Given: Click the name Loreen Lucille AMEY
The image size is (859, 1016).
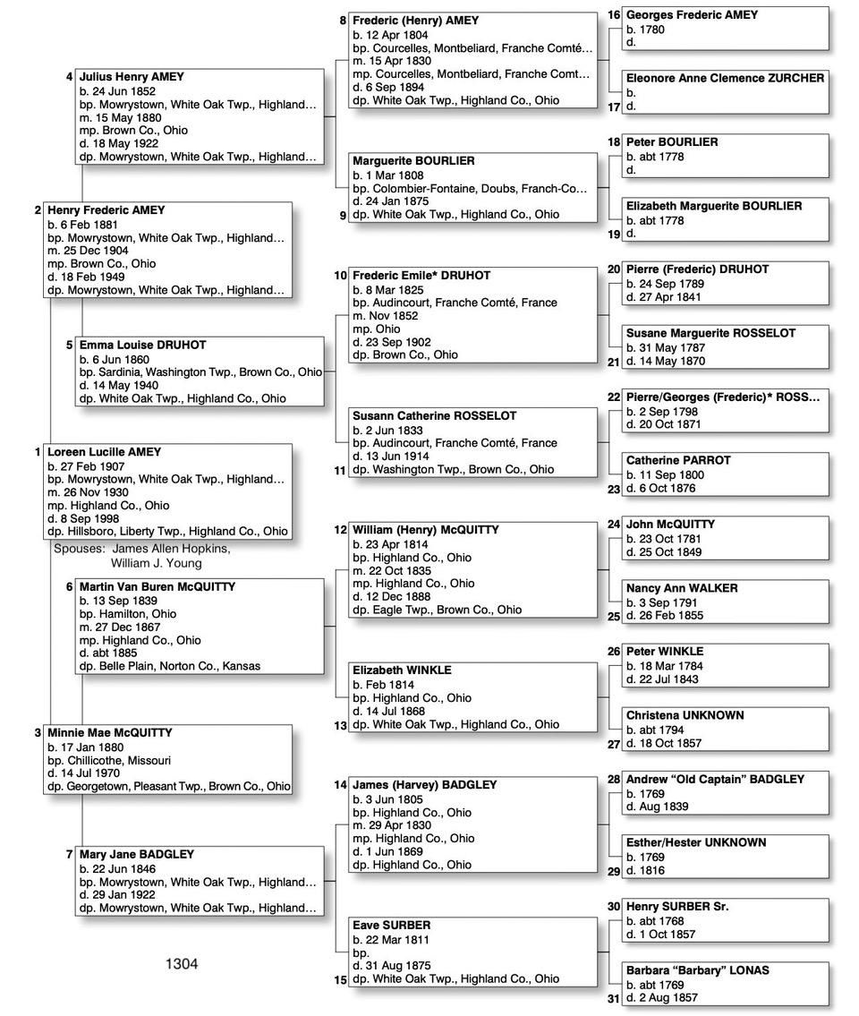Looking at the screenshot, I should [104, 452].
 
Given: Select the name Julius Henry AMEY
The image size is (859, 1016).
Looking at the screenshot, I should [131, 77].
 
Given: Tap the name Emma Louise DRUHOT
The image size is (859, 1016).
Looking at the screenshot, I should [142, 345].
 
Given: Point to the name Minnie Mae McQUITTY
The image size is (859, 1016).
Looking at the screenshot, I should [109, 733].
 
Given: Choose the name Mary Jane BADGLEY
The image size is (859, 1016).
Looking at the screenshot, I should [136, 855].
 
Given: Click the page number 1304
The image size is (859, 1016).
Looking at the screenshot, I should [182, 964].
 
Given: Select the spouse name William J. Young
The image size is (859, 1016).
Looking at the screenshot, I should [157, 563].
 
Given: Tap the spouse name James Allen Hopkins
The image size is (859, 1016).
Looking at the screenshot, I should [171, 549].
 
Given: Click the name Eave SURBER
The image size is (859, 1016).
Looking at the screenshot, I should [391, 926].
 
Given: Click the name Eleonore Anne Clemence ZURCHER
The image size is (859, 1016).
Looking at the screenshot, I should [725, 79].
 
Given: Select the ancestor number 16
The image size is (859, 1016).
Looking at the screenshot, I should [614, 15].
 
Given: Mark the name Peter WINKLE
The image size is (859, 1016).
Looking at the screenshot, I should [665, 652].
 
